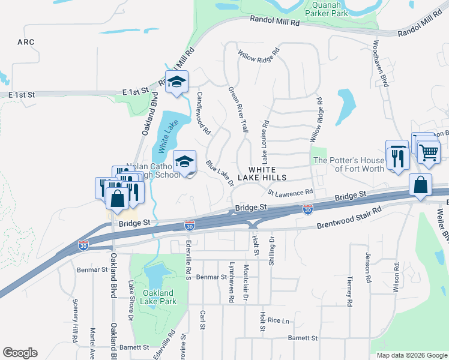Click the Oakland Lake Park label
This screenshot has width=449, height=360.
pyautogui.click(x=159, y=297)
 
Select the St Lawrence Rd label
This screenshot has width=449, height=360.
pyautogui.click(x=291, y=193)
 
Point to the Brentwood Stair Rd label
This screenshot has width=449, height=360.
pyautogui.click(x=349, y=214)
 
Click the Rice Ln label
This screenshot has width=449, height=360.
pyautogui.click(x=279, y=321)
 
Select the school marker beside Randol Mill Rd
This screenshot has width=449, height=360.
pyautogui.click(x=176, y=82)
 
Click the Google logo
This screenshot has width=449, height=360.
pyautogui.click(x=20, y=353)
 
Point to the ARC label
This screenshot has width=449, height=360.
pyautogui.click(x=26, y=42)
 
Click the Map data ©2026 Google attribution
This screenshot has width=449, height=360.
pyautogui.click(x=411, y=355)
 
